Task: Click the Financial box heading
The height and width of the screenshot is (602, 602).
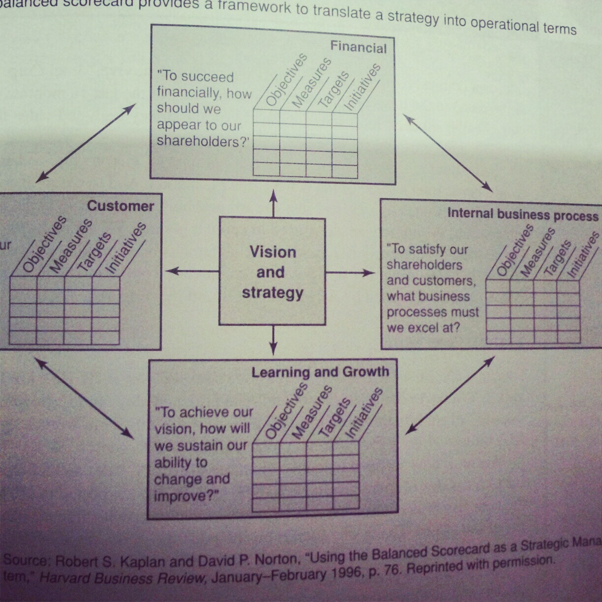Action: [358, 47]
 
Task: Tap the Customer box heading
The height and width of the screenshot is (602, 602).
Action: [120, 206]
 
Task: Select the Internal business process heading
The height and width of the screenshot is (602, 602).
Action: [523, 214]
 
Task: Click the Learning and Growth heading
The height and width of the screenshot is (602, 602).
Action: [320, 372]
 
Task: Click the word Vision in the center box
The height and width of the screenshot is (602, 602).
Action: [273, 252]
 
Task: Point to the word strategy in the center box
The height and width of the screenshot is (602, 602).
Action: [272, 293]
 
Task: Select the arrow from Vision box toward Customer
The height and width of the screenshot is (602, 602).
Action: [192, 271]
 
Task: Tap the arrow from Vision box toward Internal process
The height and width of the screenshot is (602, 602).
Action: [350, 272]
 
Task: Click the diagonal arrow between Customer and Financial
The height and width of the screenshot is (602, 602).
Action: [86, 143]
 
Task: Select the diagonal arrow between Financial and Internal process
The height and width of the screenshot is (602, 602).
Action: [448, 153]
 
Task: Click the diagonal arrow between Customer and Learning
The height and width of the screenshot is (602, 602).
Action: [84, 398]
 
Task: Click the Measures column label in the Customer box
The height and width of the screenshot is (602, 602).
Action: [71, 246]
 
